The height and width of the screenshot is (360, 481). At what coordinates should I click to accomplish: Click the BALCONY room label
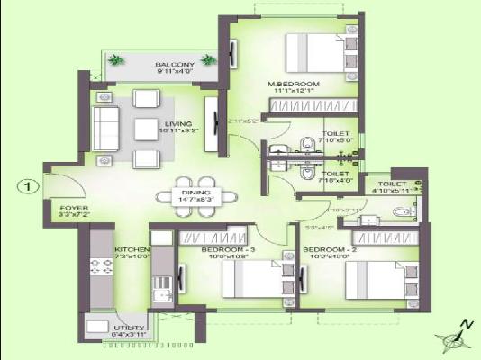tap(173, 66)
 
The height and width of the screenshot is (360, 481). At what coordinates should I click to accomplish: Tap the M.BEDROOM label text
tap(294, 84)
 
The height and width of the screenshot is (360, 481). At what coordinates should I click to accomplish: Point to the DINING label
tap(195, 193)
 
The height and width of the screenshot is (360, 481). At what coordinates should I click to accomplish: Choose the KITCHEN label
tap(130, 249)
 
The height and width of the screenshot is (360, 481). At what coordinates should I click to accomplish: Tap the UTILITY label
tap(105, 329)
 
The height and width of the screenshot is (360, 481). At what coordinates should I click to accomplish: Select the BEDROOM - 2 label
tap(325, 249)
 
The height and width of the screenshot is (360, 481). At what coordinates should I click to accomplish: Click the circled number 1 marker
tap(29, 187)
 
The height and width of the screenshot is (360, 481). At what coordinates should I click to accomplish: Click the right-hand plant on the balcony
tap(209, 60)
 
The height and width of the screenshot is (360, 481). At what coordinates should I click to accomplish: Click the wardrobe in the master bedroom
tap(296, 106)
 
